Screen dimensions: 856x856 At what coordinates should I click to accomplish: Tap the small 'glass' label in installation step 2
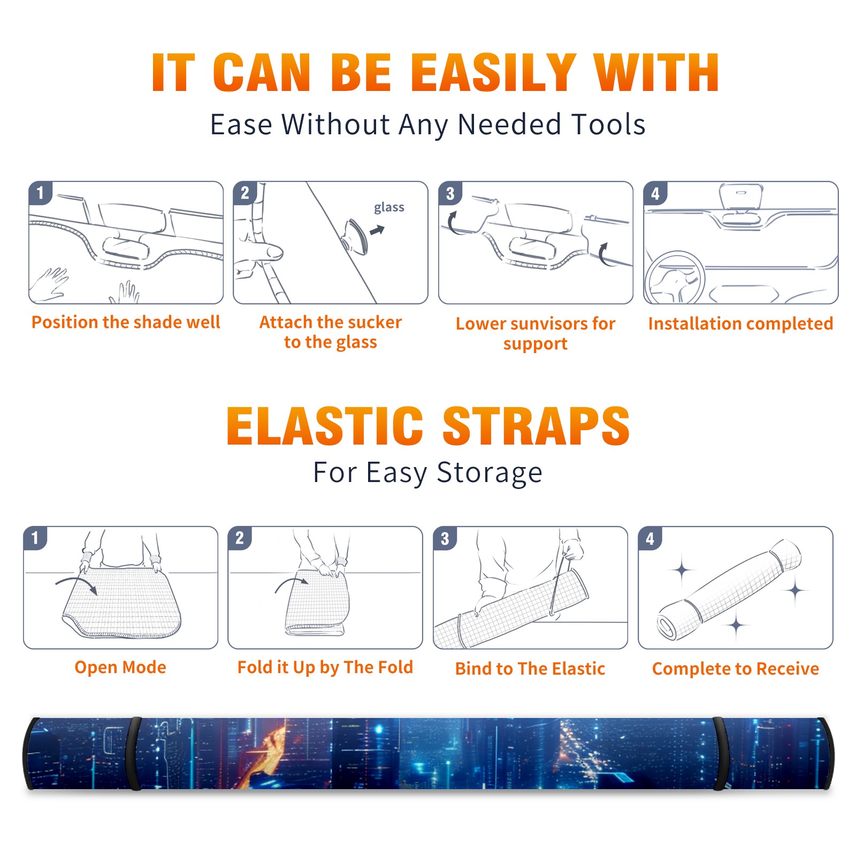(x=389, y=208)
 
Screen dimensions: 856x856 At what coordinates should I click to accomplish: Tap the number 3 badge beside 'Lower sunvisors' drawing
(x=450, y=193)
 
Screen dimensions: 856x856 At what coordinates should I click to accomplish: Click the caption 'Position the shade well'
(x=126, y=322)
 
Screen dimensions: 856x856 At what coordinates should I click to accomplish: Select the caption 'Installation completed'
(x=740, y=323)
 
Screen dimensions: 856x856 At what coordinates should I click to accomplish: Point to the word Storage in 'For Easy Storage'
(x=490, y=473)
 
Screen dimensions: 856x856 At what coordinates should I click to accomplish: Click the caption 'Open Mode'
(x=120, y=667)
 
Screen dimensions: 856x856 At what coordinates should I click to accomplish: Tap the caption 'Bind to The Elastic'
(x=530, y=668)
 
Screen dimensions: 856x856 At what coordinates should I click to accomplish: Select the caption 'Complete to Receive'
(x=736, y=669)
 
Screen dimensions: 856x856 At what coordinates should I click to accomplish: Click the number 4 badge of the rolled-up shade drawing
(x=650, y=538)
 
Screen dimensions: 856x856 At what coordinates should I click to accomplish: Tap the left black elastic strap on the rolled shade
(x=135, y=754)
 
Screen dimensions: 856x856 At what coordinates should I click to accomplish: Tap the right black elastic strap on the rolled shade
(x=721, y=754)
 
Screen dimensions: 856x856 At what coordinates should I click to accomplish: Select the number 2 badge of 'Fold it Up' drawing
(x=239, y=538)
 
